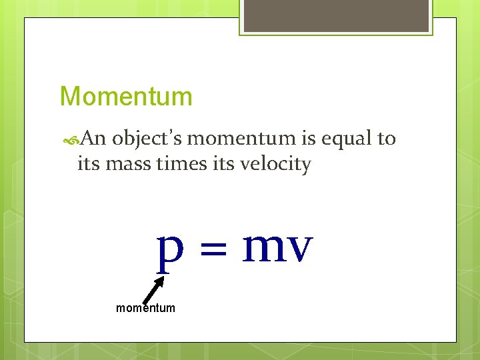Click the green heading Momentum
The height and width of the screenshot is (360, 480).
pyautogui.click(x=126, y=97)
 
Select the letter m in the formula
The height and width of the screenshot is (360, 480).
pyautogui.click(x=265, y=247)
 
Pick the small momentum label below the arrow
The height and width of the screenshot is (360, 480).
pyautogui.click(x=145, y=308)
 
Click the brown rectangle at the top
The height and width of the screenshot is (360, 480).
pyautogui.click(x=336, y=15)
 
